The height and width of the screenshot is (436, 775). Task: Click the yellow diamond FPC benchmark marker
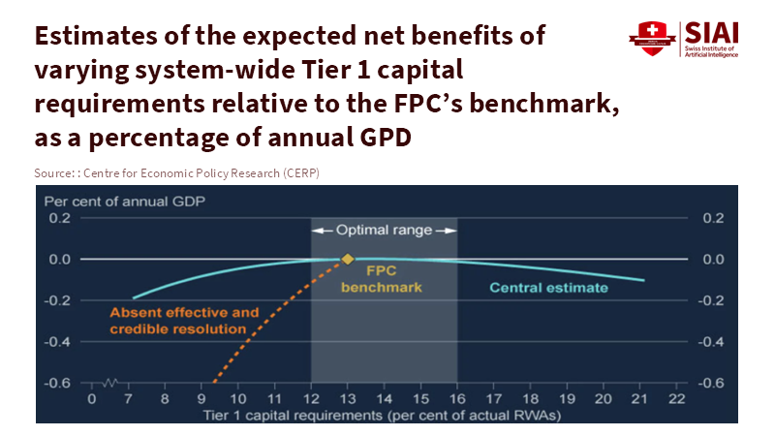coord(347,260)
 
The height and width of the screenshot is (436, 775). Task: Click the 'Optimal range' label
coord(384,231)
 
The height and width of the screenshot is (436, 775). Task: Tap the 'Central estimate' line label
coord(548,288)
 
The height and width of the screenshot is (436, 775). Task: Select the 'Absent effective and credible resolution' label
coord(184,321)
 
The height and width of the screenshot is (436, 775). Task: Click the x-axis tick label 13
coord(347,398)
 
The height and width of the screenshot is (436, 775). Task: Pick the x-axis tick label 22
coord(676,398)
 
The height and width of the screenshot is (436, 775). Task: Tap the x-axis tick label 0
coord(92,398)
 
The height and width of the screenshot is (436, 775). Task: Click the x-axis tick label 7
coord(129,398)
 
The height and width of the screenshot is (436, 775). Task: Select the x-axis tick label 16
coord(456,398)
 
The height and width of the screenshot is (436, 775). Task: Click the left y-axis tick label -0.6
coord(59,383)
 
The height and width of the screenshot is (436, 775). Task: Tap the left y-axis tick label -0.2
coord(59,300)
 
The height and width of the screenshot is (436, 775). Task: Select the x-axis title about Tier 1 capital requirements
coord(384,415)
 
